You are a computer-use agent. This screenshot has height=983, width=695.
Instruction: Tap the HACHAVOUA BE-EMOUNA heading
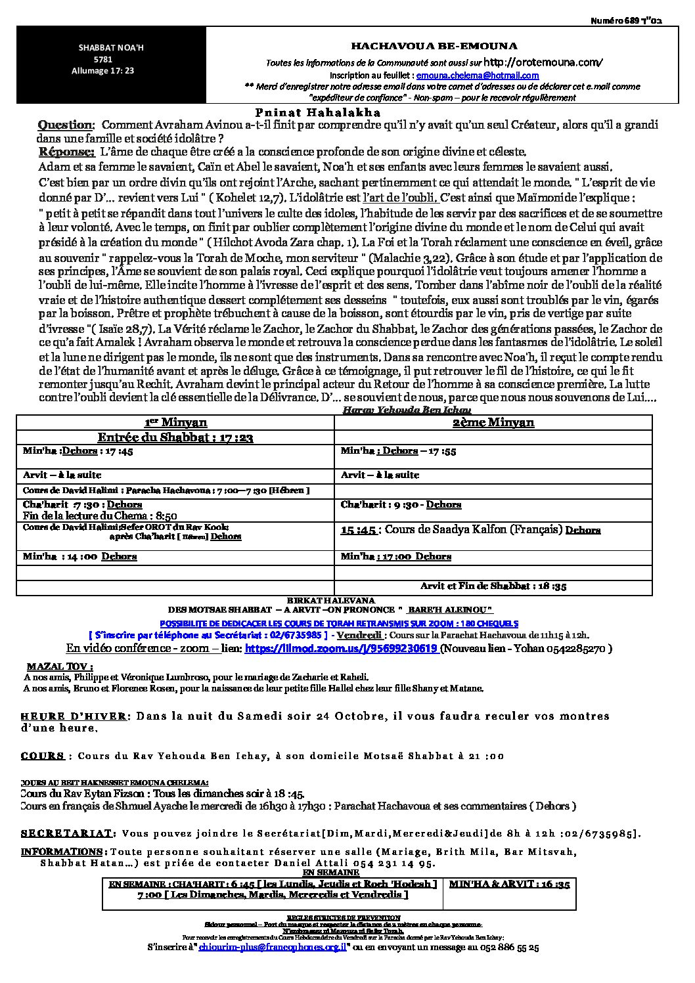tap(434, 46)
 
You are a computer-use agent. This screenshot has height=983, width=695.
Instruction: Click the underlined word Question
tap(66, 125)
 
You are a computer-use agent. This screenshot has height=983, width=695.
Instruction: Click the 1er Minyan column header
tap(175, 423)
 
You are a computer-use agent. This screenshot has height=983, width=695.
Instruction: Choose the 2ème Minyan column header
tap(493, 423)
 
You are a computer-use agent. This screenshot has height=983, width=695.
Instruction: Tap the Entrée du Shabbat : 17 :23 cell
tap(175, 437)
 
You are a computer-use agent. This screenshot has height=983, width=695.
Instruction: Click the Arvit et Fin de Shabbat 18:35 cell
tap(493, 586)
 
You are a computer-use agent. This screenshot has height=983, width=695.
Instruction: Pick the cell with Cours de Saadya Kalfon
tap(470, 529)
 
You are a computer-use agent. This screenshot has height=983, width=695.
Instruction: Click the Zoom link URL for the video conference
tap(341, 649)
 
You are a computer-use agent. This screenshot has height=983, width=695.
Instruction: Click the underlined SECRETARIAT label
tap(66, 833)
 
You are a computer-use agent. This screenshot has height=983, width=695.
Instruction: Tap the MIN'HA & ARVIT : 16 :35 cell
tap(509, 884)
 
